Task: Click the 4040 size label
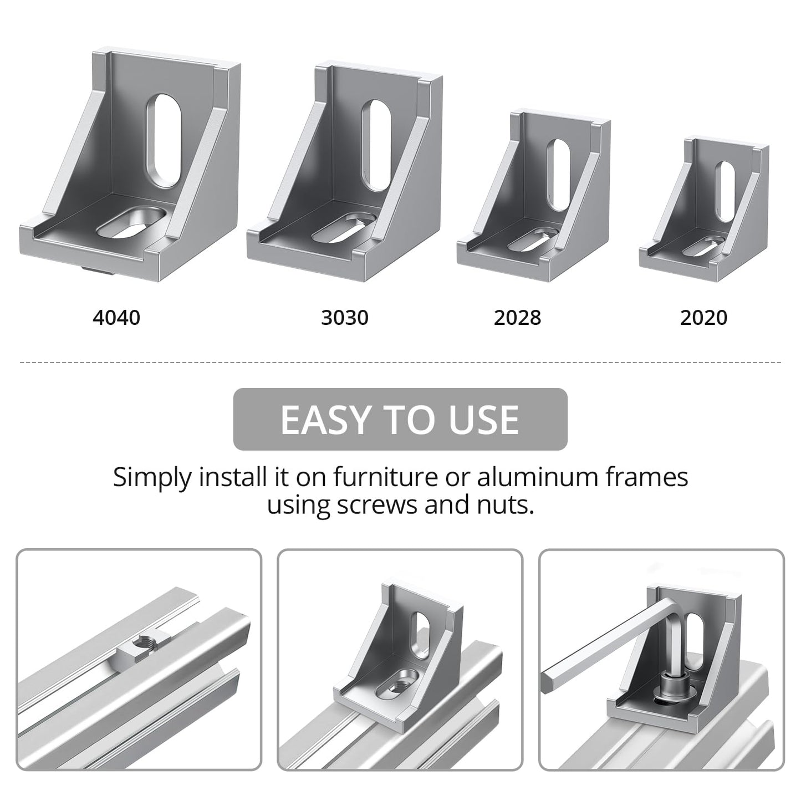(116, 318)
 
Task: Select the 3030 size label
(344, 318)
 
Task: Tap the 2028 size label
(517, 318)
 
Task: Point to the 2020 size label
(703, 318)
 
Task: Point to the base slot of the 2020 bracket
(702, 247)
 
